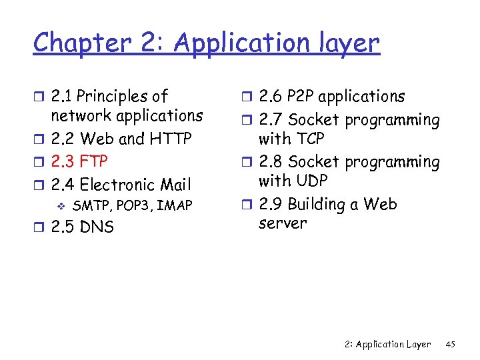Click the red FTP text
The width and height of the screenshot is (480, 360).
coord(93,162)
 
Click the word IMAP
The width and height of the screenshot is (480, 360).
coord(175,205)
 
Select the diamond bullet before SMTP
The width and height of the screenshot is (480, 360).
coord(61,205)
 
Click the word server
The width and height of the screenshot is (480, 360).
coord(283,223)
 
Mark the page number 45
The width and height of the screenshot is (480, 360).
coord(450,344)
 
